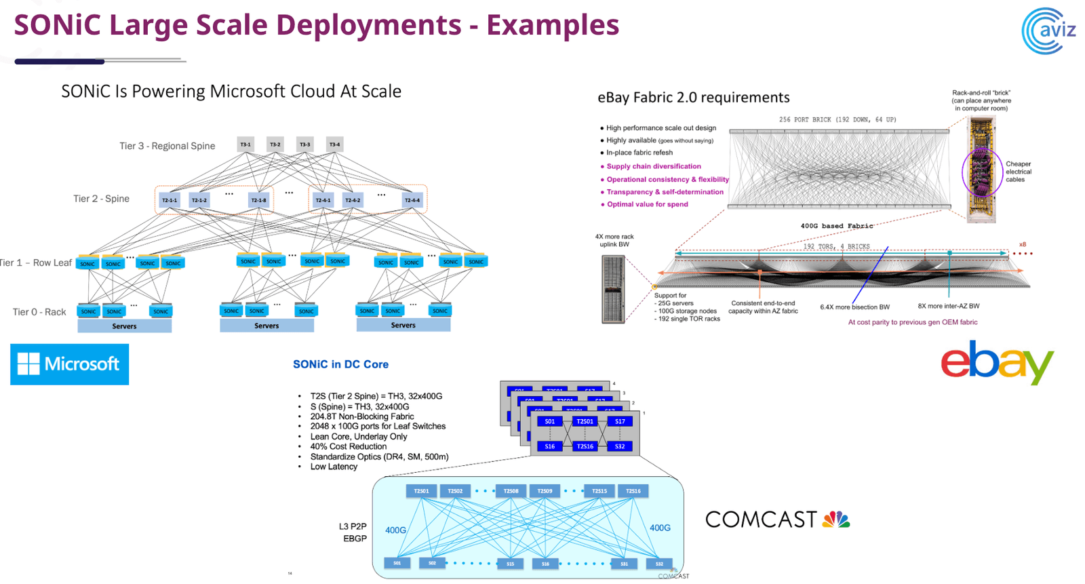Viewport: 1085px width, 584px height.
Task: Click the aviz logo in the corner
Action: (1049, 31)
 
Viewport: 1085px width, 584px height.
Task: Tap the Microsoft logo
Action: (69, 364)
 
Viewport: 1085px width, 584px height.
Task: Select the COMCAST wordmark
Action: (761, 520)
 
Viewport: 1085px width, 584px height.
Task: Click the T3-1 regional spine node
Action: (245, 144)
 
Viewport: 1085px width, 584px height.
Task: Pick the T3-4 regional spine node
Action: (334, 144)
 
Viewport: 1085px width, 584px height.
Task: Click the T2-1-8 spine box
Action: (258, 200)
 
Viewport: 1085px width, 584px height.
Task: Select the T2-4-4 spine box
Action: (412, 200)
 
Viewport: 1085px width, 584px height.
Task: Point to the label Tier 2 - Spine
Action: (101, 199)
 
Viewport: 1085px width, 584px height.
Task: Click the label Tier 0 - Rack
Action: (39, 312)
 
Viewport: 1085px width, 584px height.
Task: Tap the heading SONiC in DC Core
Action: (340, 364)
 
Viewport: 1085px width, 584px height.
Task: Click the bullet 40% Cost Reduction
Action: (348, 446)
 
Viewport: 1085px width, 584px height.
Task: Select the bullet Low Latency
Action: (334, 467)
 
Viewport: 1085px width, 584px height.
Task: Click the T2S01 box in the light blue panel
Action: (421, 491)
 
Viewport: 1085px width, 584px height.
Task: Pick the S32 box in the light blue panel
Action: (658, 564)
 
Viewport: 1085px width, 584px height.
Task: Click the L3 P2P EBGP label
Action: (353, 532)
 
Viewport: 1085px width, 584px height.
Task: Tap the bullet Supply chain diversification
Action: (653, 166)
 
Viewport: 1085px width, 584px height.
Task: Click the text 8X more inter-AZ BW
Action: (948, 306)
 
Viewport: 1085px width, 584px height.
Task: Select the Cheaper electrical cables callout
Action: (1018, 172)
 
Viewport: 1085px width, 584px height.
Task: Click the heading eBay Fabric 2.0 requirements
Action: (693, 98)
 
